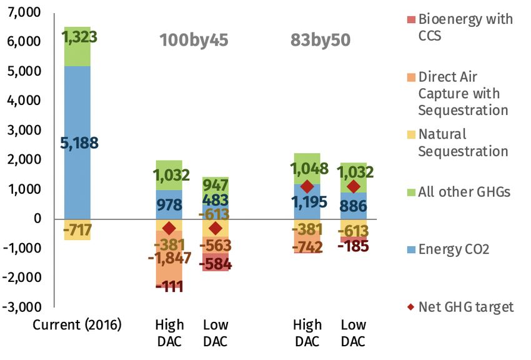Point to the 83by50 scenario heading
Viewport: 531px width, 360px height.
pos(320,41)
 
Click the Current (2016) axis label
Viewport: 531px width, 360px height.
pos(77,325)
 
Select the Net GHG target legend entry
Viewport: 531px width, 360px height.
pos(466,307)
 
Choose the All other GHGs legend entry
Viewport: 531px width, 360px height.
pos(464,192)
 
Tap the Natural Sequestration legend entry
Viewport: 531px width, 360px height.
pos(463,142)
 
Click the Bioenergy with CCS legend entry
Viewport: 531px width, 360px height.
pos(465,27)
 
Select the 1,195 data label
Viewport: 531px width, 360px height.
pos(306,202)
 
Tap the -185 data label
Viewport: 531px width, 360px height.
pos(352,246)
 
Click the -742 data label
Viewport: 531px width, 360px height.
pos(306,247)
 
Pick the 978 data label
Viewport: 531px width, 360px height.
pos(169,205)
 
